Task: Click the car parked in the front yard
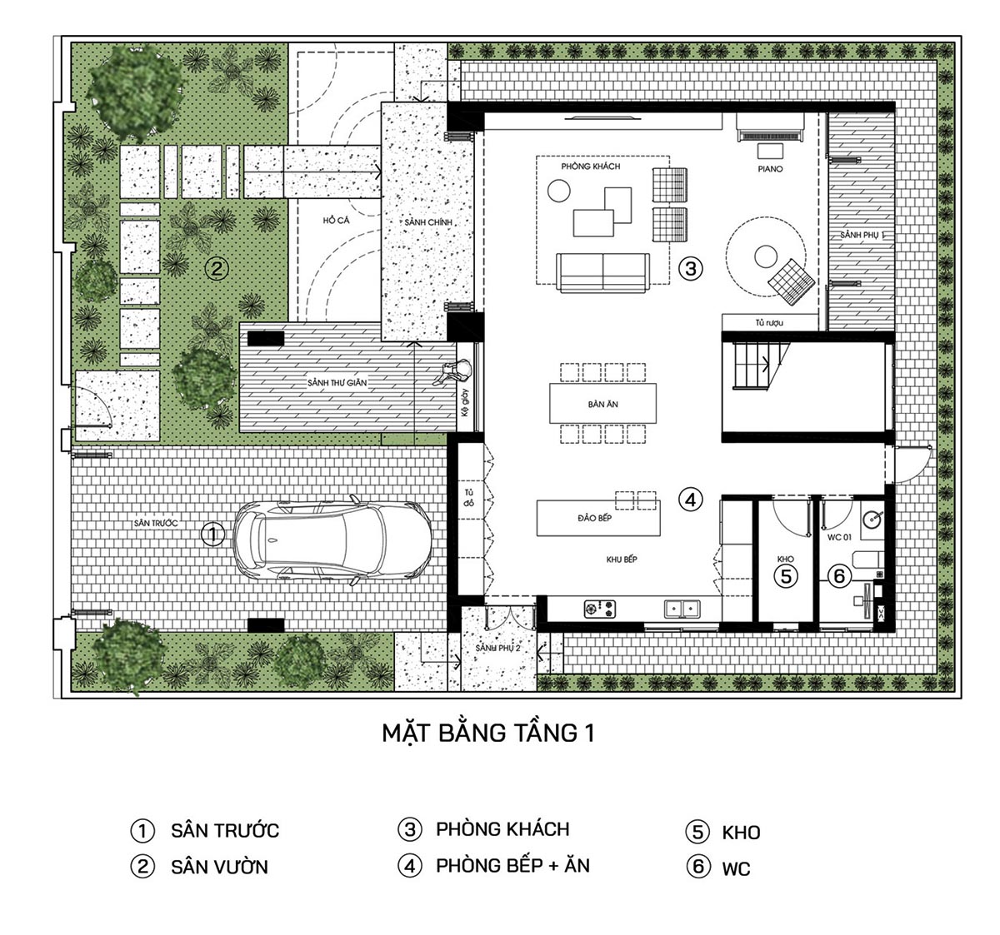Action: [x=332, y=539]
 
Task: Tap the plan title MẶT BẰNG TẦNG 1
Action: [x=487, y=733]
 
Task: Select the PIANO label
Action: [x=770, y=169]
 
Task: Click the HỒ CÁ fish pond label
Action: [x=335, y=221]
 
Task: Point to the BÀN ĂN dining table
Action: [x=602, y=404]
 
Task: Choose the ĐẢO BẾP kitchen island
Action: [x=598, y=518]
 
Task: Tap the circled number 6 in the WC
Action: [x=838, y=575]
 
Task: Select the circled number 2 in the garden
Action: [x=216, y=268]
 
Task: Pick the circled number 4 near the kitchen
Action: [x=690, y=500]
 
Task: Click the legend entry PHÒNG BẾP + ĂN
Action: [x=512, y=866]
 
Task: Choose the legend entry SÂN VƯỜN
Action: [x=219, y=867]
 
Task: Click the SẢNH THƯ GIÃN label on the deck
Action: [x=337, y=383]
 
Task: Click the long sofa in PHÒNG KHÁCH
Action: [x=602, y=271]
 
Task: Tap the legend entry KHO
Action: [x=741, y=833]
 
